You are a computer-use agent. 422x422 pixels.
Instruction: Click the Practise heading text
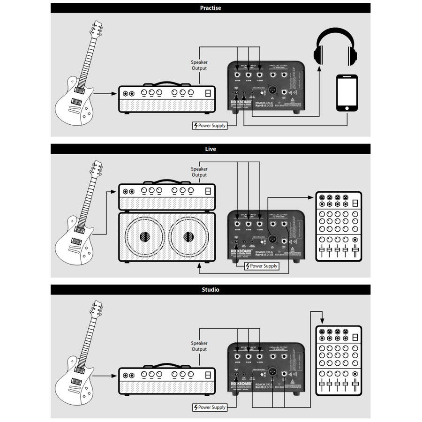pyautogui.click(x=211, y=8)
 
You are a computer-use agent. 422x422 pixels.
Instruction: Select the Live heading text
pyautogui.click(x=211, y=149)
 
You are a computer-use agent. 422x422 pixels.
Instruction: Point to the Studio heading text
pyautogui.click(x=211, y=290)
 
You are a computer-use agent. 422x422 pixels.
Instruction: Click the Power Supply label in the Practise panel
pyautogui.click(x=211, y=125)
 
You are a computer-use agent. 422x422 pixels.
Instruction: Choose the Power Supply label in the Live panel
pyautogui.click(x=262, y=266)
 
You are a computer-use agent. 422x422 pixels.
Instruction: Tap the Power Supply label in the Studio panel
pyautogui.click(x=211, y=407)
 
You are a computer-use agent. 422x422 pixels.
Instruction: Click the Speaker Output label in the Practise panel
pyautogui.click(x=199, y=65)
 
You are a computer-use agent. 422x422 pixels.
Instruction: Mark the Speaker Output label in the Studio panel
pyautogui.click(x=199, y=346)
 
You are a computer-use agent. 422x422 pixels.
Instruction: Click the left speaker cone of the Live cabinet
pyautogui.click(x=144, y=237)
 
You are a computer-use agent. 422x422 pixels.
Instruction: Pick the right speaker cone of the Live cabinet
pyautogui.click(x=189, y=237)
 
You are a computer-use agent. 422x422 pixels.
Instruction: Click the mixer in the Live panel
pyautogui.click(x=339, y=226)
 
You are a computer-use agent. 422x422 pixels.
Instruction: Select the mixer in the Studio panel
pyautogui.click(x=339, y=360)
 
